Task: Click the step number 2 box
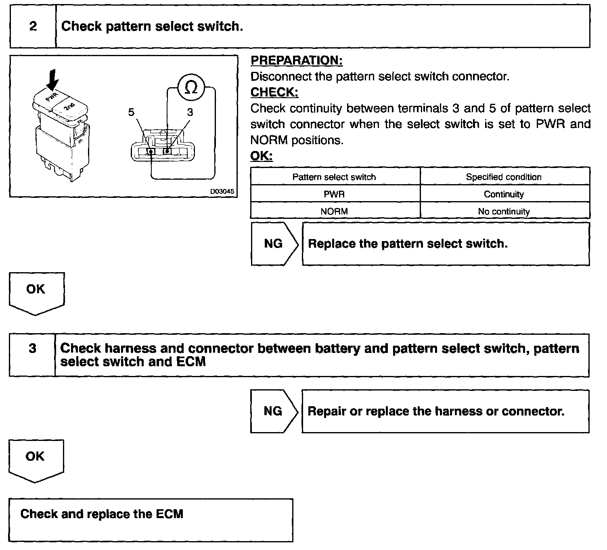click(33, 27)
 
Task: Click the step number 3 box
click(32, 348)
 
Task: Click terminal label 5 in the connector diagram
click(131, 112)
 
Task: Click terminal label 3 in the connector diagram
click(190, 112)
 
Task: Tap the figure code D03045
click(222, 191)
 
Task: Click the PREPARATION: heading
click(297, 61)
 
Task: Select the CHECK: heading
click(274, 92)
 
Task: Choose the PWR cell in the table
click(335, 194)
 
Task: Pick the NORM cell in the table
click(334, 211)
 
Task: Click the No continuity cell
click(504, 211)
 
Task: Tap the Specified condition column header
click(504, 177)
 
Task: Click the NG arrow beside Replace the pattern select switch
click(274, 244)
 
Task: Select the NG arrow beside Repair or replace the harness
click(273, 411)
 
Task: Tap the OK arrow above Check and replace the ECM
click(36, 459)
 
